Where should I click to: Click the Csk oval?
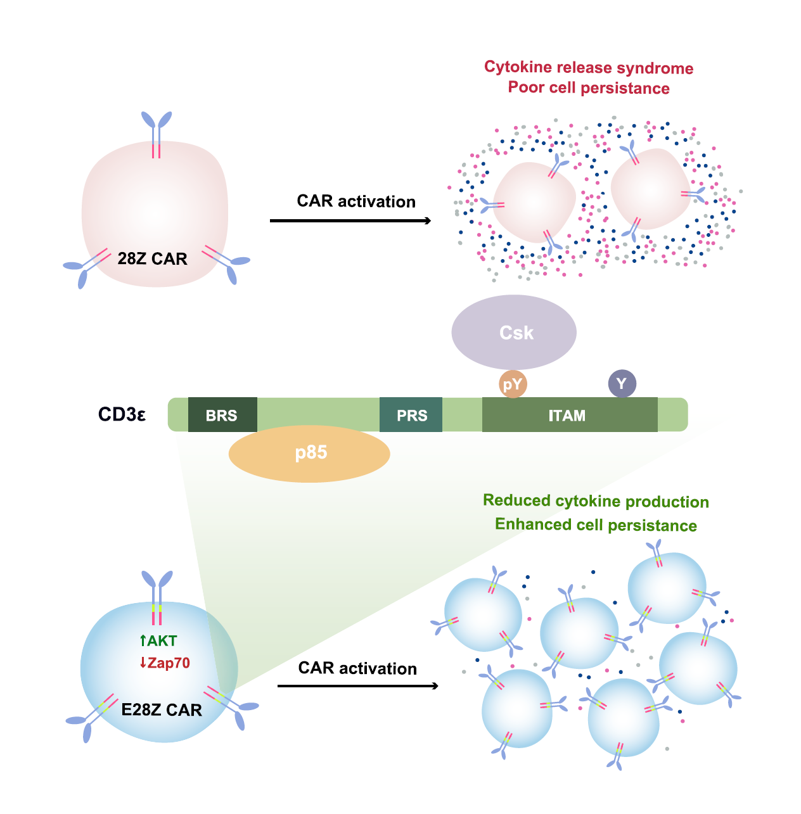[514, 332]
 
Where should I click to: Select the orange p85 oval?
[309, 454]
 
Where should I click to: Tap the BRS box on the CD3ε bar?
[222, 416]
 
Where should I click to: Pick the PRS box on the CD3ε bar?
[411, 416]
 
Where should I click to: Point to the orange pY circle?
[513, 384]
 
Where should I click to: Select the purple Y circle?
[622, 383]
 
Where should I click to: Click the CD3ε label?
[122, 415]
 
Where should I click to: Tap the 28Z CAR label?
[153, 259]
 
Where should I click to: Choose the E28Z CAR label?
[162, 710]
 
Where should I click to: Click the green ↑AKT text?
[158, 641]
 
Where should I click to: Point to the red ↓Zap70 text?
[165, 663]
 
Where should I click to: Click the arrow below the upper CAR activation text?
[350, 220]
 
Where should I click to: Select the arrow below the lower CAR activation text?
[358, 686]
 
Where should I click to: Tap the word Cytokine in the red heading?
[518, 67]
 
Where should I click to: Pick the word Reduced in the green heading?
[516, 501]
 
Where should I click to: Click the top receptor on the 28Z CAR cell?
[157, 133]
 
